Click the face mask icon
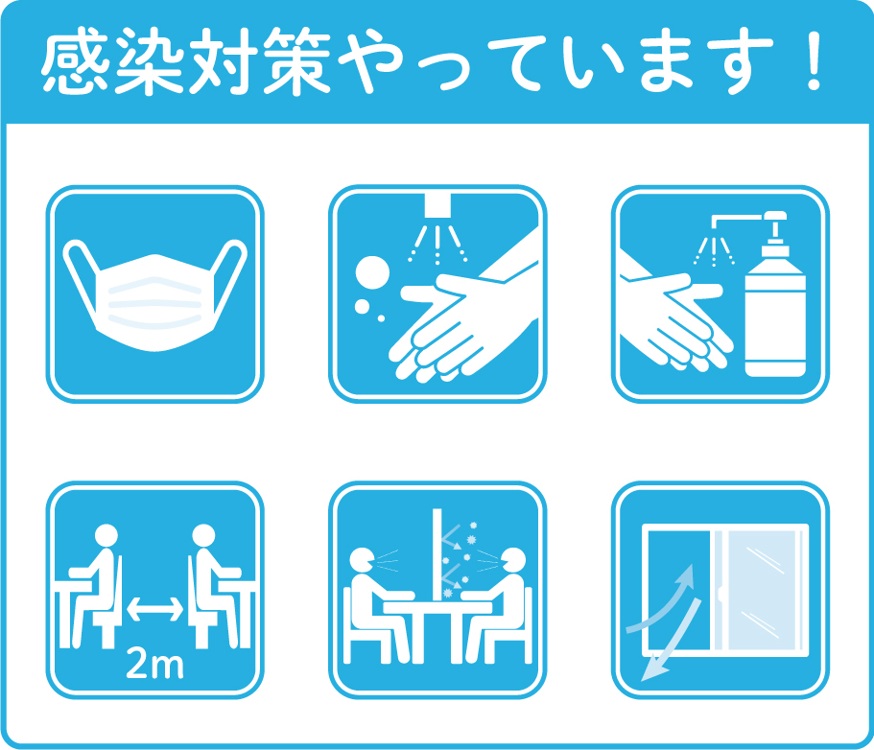coord(155,295)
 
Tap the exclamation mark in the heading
coord(815,61)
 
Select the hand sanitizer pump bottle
coord(775,295)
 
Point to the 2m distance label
coord(154,664)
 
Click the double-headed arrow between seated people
coord(155,608)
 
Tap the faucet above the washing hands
coord(437,205)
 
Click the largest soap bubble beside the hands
coord(372,272)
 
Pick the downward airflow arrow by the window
coord(672,641)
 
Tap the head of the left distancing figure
coord(106,535)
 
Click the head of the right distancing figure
coord(203,535)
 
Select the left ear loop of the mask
coord(83,273)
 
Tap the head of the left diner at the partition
coord(362,560)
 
